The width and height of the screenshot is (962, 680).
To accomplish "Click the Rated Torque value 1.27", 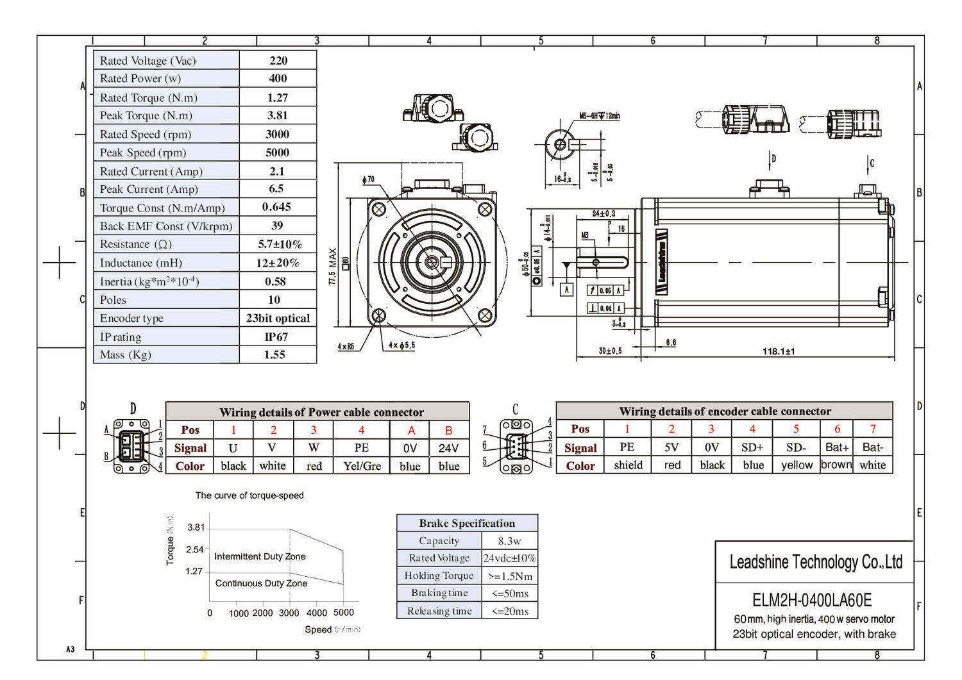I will pos(278,97).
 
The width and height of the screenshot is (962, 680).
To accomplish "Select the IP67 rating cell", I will pos(276,336).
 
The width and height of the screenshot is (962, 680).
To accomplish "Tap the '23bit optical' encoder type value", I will pos(278,318).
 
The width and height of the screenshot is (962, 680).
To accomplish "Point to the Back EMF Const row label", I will pos(166,226).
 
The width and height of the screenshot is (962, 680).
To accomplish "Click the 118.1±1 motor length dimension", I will pos(779,351).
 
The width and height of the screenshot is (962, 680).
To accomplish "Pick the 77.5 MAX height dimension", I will pos(332,267).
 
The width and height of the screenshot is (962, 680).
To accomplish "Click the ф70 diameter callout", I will pos(368,180).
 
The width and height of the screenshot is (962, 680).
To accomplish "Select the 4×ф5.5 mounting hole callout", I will pos(402,345).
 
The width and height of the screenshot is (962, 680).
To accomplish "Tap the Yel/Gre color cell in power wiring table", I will pos(362,466).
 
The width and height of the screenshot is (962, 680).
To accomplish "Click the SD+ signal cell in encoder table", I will pos(752,447).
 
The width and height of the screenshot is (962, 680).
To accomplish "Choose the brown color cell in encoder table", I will pos(836,465).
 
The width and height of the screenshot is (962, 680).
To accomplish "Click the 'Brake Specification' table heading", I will pos(467,523).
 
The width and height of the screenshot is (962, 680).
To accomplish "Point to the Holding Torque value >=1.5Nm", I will pos(510,576).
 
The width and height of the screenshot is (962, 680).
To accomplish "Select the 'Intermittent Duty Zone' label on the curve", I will pos(260,556).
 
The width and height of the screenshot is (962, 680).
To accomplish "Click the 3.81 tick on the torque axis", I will pos(196,527).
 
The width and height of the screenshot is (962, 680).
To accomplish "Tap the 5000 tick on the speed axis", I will pos(344,613).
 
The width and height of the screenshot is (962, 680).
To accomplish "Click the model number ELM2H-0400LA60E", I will pos(812,600).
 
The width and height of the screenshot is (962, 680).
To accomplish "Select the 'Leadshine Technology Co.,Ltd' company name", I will pos(816,562).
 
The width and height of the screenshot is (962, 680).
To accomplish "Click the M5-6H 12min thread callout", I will pos(599,116).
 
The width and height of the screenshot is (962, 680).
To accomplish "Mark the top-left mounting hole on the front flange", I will pos(378,209).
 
